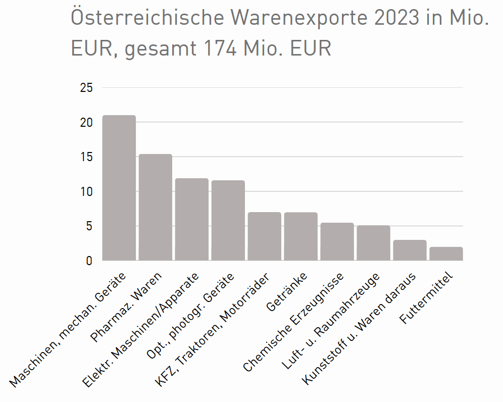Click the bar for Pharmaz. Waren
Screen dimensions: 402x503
[x=156, y=207]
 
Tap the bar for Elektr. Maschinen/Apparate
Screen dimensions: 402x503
[x=192, y=219]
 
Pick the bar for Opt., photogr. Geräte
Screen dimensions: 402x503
[x=228, y=220]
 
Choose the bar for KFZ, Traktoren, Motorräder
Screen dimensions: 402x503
[x=265, y=236]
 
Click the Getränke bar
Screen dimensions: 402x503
[x=301, y=236]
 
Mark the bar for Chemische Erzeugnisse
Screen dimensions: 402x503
[x=337, y=241]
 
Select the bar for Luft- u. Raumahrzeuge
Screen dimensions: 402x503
[x=374, y=243]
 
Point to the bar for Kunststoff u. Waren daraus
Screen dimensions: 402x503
[x=410, y=250]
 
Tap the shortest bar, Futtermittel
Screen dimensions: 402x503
[x=446, y=254]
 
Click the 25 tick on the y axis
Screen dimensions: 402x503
[x=86, y=88]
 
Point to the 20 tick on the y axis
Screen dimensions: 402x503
[x=86, y=122]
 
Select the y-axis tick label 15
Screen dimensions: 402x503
[x=86, y=157]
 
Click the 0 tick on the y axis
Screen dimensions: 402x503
[x=89, y=261]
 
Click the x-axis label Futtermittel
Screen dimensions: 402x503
[x=427, y=298]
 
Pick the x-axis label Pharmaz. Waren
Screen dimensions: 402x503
[x=127, y=307]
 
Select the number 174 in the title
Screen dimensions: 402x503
[x=221, y=48]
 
